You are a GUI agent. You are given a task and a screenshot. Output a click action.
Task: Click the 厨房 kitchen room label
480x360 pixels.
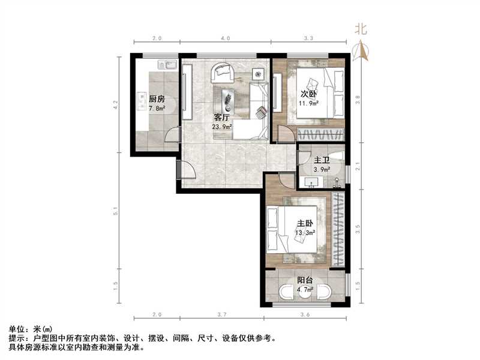157,99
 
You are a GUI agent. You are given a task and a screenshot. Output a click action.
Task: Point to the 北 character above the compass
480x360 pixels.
361,28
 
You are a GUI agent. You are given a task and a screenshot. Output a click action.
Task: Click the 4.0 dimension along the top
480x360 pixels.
225,38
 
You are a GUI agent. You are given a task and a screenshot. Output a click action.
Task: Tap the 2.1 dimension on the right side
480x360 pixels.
358,167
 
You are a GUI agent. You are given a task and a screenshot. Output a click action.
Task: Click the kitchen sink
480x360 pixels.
165,64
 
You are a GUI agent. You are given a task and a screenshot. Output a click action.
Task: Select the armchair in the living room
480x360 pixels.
221,73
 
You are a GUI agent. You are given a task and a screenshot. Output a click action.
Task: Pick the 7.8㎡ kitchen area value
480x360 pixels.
157,109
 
